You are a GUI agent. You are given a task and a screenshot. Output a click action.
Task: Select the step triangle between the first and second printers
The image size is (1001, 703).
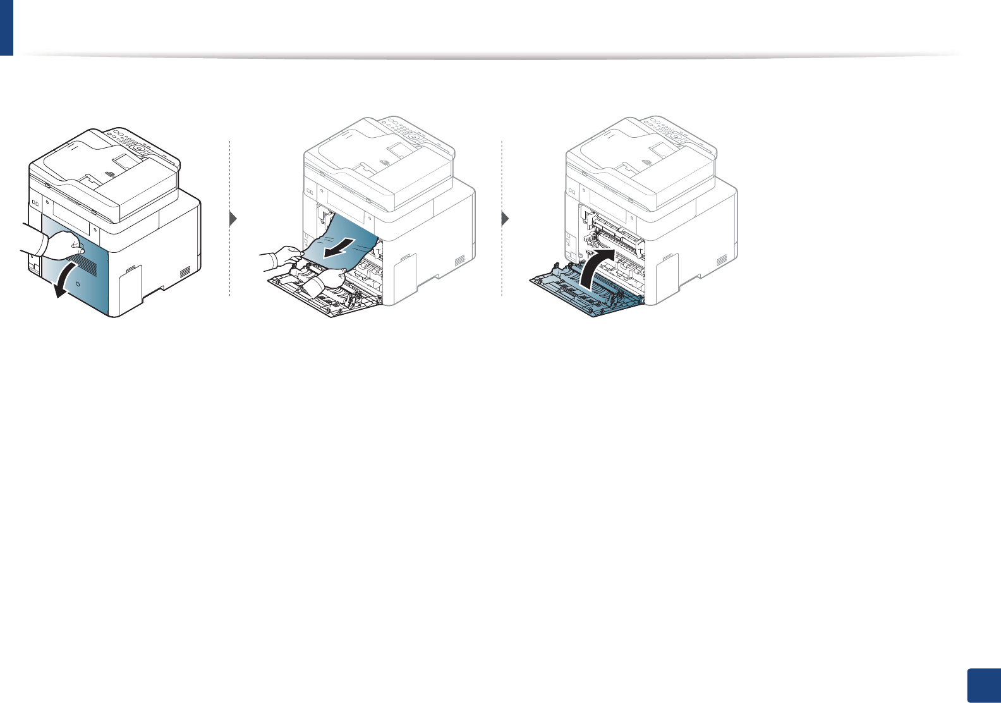tap(234, 219)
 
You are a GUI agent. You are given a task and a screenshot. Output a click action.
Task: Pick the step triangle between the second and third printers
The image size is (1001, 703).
tap(505, 219)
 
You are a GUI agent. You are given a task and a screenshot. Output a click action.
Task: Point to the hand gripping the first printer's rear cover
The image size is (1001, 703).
tap(63, 243)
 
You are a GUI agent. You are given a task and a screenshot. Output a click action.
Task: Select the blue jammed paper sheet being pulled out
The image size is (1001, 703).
tap(344, 243)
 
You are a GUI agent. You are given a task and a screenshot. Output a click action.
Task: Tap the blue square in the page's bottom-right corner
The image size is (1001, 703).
tap(984, 685)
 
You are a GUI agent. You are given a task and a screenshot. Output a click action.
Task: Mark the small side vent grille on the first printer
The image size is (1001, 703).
tap(185, 272)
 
